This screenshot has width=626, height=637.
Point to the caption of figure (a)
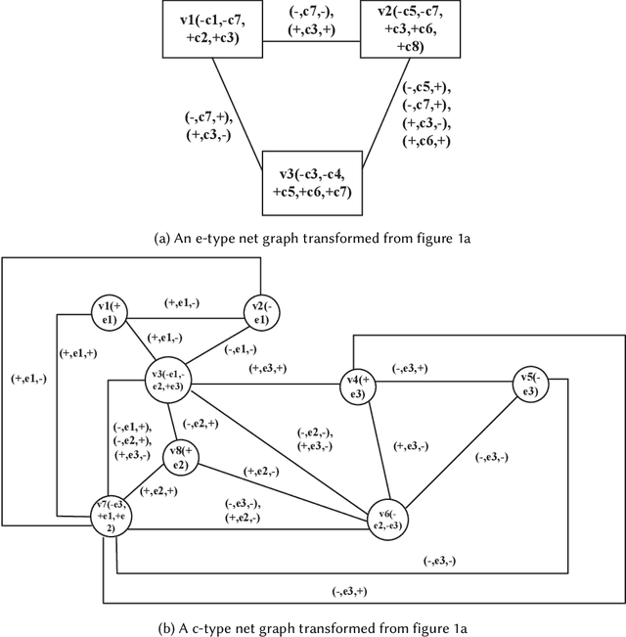click(x=313, y=236)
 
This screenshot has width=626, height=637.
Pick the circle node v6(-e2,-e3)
click(x=388, y=518)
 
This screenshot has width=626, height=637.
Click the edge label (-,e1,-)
click(x=241, y=349)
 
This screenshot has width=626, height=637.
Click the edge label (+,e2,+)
click(x=159, y=490)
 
